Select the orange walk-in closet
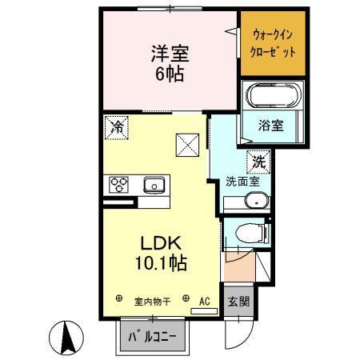[273, 43]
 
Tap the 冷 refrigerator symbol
[115, 126]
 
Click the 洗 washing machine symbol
[258, 161]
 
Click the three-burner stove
[119, 185]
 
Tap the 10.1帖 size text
[166, 262]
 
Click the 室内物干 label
[151, 302]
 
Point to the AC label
[204, 301]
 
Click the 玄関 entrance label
[238, 302]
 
